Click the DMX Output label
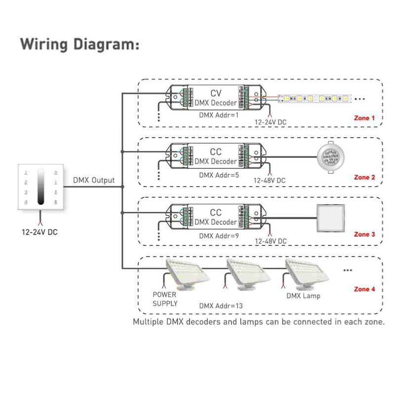94,180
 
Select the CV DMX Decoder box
216,98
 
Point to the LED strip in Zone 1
315,99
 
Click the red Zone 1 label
364,118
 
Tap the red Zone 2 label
364,177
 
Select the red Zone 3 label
364,235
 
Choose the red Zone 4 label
364,289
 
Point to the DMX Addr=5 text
219,175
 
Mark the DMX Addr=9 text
219,236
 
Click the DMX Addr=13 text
221,306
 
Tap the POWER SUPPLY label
165,299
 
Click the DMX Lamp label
303,296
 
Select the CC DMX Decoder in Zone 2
216,157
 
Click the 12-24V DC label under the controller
39,232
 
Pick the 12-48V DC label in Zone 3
270,241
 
